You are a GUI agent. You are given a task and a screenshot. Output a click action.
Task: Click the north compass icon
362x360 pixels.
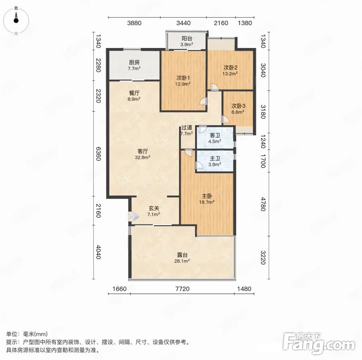pos(16,20)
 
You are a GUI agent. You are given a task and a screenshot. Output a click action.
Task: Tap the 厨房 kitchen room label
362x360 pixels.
pos(134,62)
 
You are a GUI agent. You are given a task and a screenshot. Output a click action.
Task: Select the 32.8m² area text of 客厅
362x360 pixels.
pos(143,158)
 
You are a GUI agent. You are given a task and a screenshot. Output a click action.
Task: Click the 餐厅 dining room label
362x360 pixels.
pos(134,93)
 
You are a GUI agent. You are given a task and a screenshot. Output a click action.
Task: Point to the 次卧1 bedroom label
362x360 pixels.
pos(183,78)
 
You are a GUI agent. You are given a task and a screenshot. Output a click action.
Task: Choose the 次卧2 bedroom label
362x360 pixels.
pos(230,68)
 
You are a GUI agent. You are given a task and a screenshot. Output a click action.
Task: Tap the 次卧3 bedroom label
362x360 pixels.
pos(238,106)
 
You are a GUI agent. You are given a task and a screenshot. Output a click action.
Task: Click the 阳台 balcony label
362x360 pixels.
pos(187,38)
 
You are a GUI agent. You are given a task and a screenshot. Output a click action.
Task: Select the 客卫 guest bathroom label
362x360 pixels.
pos(215,136)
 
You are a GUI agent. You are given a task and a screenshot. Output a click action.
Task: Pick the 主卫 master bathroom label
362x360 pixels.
pos(215,158)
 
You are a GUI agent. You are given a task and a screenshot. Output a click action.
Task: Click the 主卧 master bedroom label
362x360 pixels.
pos(207,196)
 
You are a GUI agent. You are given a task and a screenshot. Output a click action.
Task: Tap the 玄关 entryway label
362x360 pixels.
pos(154,208)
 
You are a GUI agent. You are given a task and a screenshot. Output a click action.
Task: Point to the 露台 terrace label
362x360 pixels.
pos(182,255)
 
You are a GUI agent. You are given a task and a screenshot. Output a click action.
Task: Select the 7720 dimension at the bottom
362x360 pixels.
pos(182,289)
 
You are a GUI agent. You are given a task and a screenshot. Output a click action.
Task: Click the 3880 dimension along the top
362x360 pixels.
pos(134,23)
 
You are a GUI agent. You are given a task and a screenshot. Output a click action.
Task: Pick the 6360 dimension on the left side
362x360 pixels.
pos(98,154)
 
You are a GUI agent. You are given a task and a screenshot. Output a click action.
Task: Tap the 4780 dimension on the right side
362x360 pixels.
pos(263,204)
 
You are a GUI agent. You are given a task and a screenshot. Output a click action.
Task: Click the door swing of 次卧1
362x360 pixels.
pos(203,101)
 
